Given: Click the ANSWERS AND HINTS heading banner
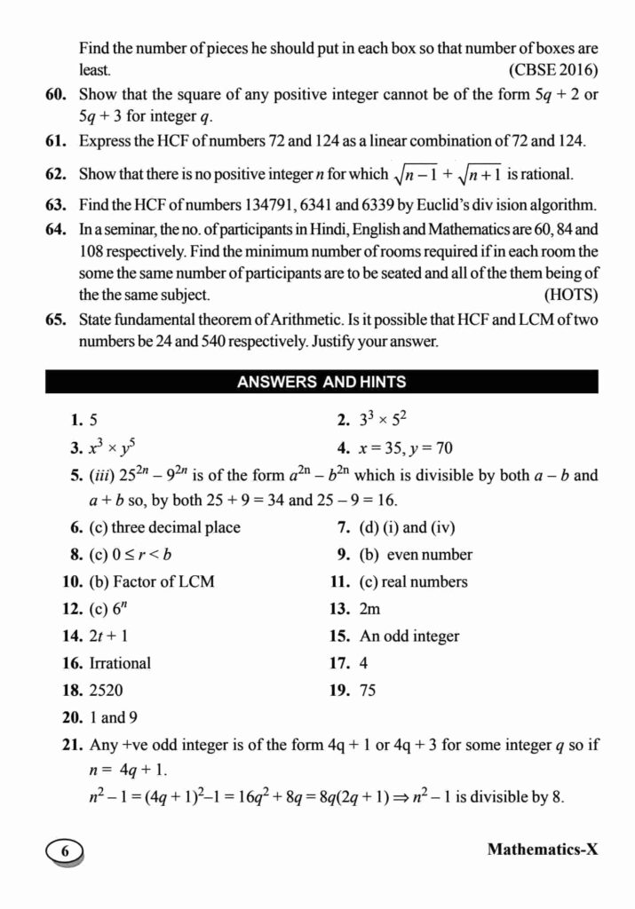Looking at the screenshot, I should [321, 383].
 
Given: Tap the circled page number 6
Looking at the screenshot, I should [63, 850].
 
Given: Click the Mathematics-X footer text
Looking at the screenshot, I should [543, 850].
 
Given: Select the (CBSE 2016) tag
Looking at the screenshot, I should [552, 69].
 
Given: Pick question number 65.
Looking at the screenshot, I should [57, 319].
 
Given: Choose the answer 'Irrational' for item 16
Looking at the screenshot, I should [120, 663].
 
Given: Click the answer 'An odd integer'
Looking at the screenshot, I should [409, 636].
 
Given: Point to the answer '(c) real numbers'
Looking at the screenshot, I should [413, 582].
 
